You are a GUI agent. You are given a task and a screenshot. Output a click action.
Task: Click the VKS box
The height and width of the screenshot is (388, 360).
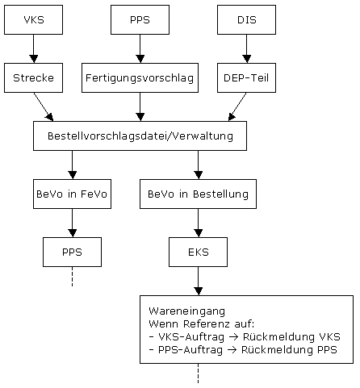(33, 19)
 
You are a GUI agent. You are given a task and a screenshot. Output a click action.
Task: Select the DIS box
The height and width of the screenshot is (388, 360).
(246, 19)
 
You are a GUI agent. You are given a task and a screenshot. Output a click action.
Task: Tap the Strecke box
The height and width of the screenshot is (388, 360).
(33, 77)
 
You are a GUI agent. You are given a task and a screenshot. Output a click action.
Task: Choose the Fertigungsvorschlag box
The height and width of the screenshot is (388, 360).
(140, 77)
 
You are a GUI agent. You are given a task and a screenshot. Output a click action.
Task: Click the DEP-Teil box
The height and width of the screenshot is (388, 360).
(246, 77)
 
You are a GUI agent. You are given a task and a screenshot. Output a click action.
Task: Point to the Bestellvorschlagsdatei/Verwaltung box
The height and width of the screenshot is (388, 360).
(140, 136)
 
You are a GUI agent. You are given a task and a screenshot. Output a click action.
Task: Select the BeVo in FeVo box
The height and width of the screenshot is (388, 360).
(72, 194)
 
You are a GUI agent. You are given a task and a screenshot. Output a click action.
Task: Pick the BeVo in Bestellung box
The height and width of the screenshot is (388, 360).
(198, 194)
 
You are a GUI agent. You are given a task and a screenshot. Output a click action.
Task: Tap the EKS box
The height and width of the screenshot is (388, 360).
(198, 252)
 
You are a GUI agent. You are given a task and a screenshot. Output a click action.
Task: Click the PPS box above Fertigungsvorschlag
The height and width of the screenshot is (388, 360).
(140, 19)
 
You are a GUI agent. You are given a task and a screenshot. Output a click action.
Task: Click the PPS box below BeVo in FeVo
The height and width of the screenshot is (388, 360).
(72, 252)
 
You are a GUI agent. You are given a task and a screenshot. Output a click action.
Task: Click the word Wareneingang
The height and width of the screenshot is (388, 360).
(186, 311)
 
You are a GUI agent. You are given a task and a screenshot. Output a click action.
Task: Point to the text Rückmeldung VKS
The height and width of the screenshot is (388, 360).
(291, 336)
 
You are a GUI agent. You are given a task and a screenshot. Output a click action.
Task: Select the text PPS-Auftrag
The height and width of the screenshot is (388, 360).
(190, 350)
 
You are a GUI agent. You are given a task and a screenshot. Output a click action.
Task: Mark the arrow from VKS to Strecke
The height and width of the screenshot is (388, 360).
(34, 48)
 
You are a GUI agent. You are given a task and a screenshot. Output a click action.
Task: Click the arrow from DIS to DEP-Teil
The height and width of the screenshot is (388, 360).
(246, 48)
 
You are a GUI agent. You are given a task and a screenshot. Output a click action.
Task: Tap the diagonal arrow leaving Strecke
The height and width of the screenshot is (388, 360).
(44, 106)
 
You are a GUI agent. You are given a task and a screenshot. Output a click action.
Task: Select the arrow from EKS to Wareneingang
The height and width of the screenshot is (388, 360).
(198, 281)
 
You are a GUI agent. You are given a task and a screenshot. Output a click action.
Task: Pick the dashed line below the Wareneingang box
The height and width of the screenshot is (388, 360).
(198, 373)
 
